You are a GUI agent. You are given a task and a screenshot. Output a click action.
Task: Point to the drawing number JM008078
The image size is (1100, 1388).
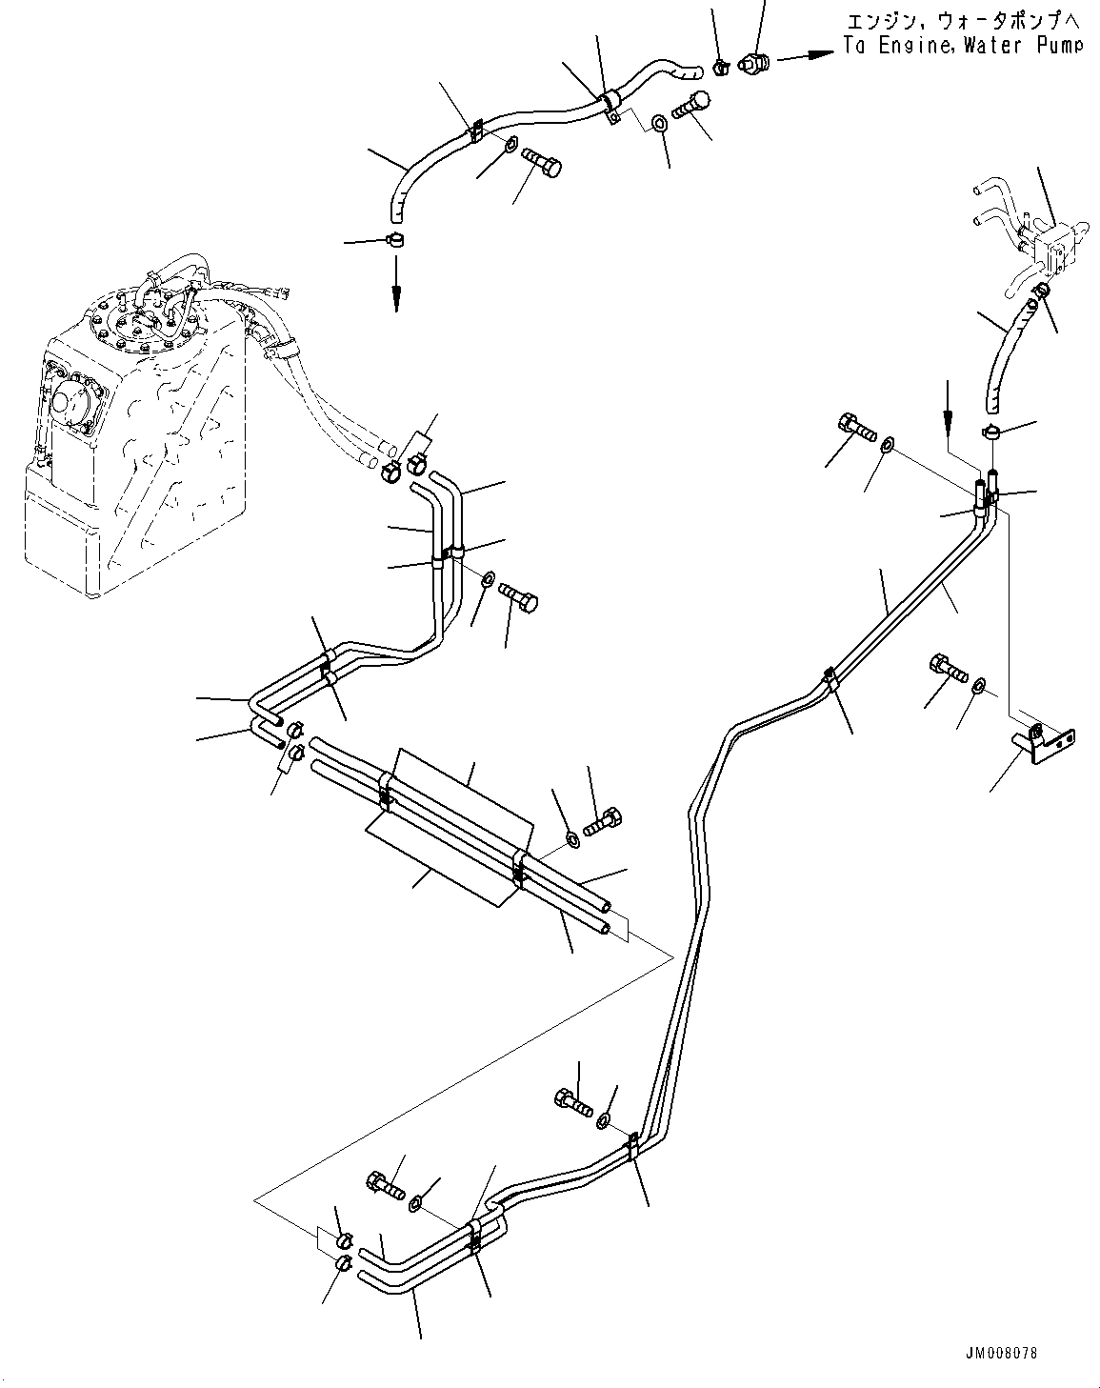pyautogui.click(x=999, y=1353)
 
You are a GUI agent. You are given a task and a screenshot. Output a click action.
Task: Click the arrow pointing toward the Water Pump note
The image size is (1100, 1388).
pyautogui.click(x=797, y=57)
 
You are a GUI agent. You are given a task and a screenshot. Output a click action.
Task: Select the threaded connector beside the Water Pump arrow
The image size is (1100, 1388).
pyautogui.click(x=754, y=64)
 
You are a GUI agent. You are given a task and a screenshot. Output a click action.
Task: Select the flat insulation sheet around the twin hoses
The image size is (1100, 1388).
pyautogui.click(x=448, y=819)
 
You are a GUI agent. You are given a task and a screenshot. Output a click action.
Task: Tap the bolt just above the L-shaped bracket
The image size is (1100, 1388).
pyautogui.click(x=946, y=667)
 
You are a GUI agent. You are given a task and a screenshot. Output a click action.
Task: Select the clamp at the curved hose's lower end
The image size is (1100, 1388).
pyautogui.click(x=992, y=432)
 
